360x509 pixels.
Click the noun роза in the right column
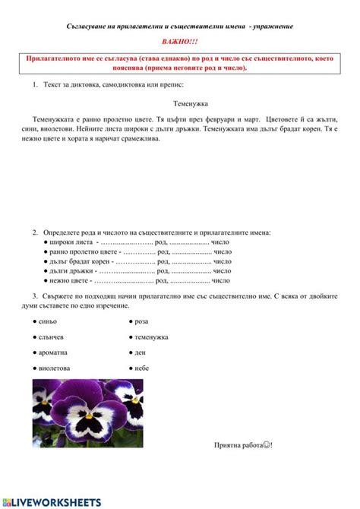(x=141, y=321)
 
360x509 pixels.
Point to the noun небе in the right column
(x=142, y=367)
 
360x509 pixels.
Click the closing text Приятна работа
(x=242, y=444)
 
